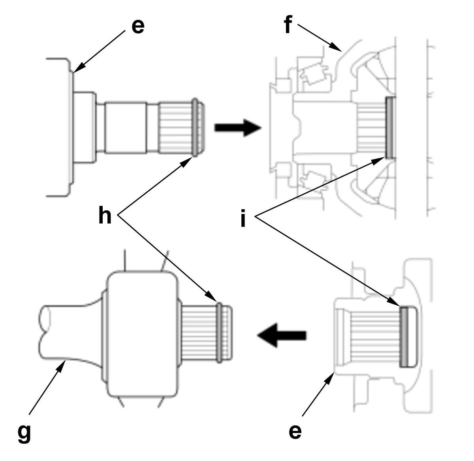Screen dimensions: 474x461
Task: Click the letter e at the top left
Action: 138,26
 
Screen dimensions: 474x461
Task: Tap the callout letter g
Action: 24,433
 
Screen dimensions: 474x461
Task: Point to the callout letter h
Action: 105,214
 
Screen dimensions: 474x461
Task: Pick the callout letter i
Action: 243,218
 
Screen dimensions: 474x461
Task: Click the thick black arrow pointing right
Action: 238,128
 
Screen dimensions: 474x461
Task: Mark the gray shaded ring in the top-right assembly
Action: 390,127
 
